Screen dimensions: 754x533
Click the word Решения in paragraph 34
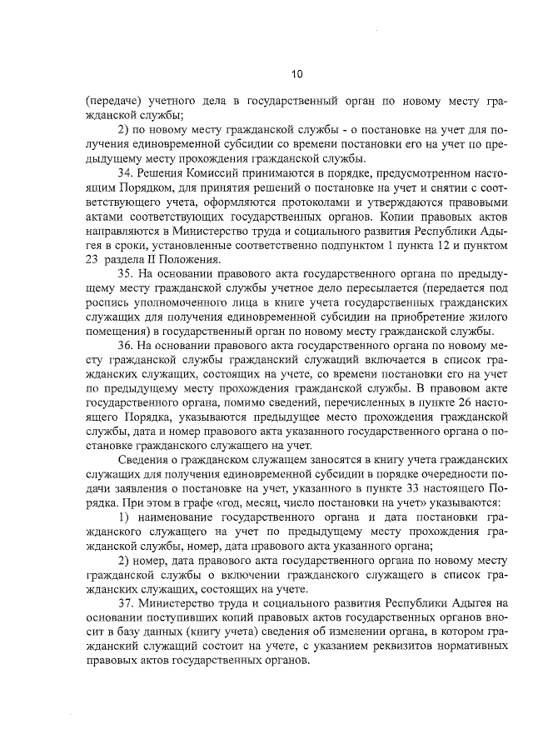[x=161, y=172]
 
